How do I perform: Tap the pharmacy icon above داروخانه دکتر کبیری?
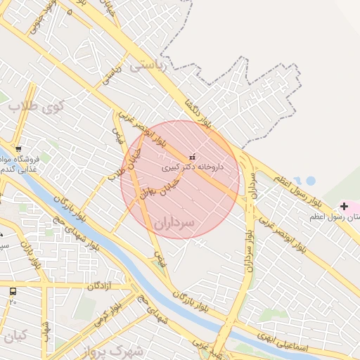tap(193, 156)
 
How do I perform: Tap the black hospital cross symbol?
tap(344, 206)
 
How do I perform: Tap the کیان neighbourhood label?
tap(15, 336)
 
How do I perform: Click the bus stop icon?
tap(13, 291)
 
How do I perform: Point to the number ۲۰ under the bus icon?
tap(13, 301)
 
